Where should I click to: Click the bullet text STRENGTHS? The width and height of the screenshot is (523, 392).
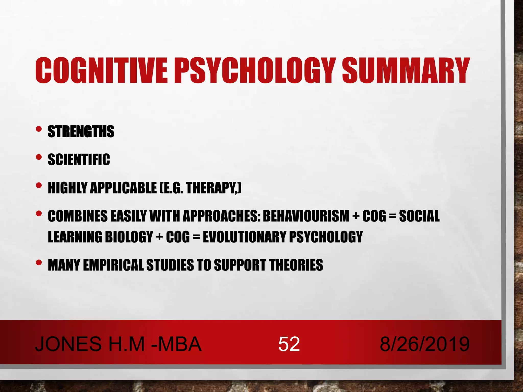81,131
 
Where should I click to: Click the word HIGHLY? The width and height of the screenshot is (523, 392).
67,188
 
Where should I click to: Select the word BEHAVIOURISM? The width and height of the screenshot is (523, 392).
306,216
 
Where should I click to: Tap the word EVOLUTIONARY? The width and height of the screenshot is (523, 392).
244,237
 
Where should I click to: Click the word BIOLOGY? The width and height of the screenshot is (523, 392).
129,237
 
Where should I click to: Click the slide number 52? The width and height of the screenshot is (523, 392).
289,344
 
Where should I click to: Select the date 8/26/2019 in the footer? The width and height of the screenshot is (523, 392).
424,344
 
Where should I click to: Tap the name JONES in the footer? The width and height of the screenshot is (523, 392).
68,344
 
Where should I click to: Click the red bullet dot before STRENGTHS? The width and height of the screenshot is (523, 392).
39,129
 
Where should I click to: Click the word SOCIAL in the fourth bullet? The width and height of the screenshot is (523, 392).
419,216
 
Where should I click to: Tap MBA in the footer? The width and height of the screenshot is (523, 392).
180,344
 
